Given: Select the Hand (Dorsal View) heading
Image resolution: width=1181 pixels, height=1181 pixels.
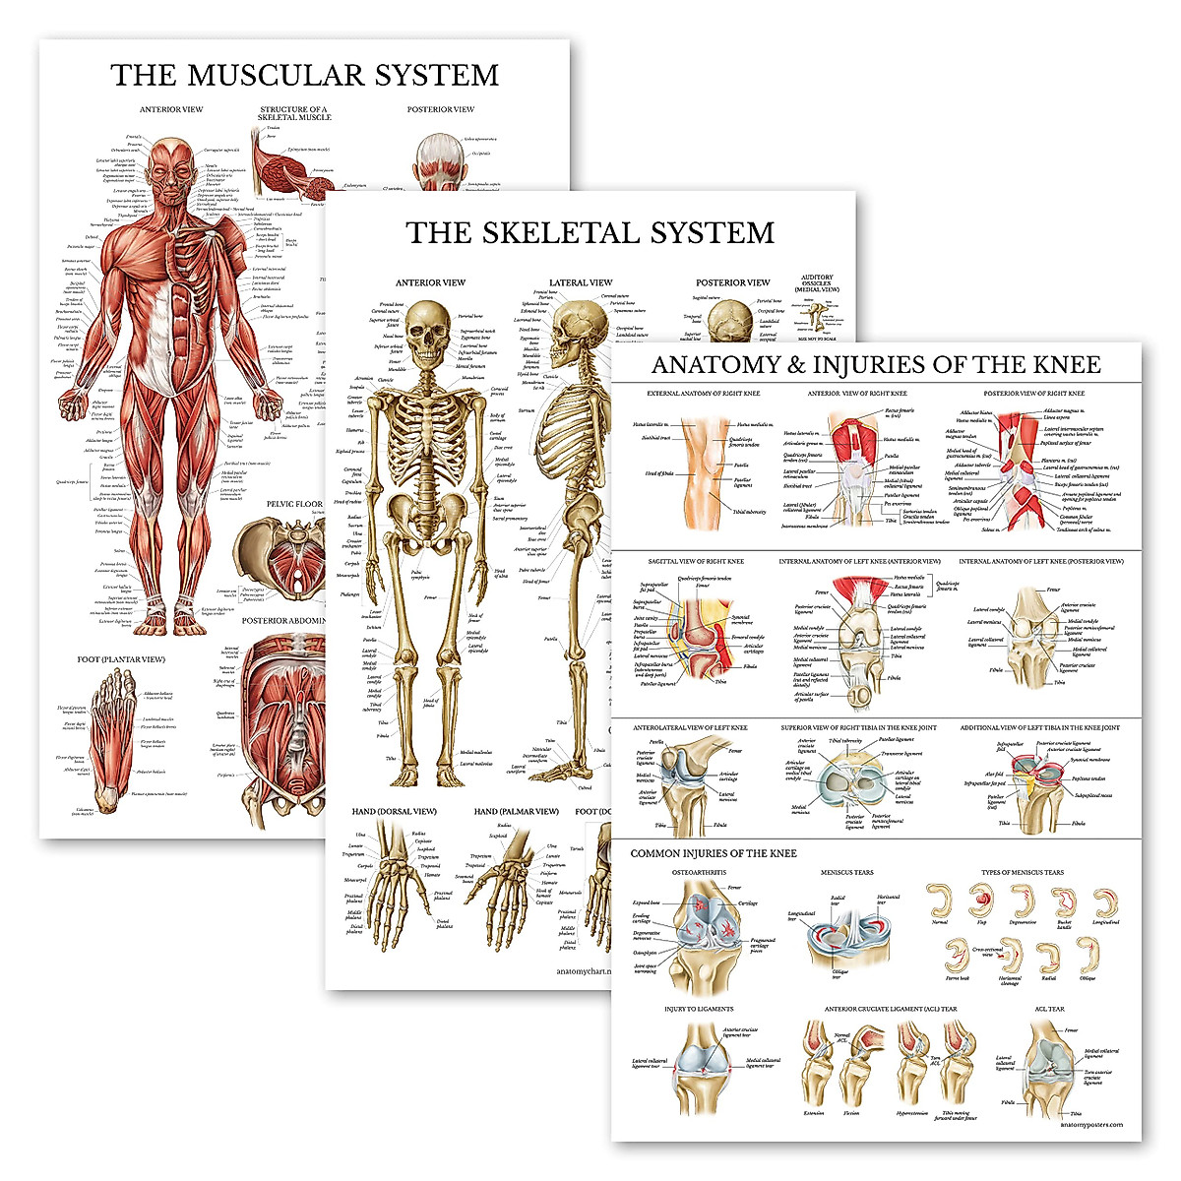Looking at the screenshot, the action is pos(394,812).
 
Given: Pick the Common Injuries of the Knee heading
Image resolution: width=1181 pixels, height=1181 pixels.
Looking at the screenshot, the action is pos(714,853).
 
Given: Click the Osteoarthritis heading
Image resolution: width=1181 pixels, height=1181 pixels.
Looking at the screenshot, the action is pos(699,873).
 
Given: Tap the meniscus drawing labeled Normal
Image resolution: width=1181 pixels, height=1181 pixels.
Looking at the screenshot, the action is pos(940,901).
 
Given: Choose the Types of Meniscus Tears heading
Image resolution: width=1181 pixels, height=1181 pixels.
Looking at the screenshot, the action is pos(1022,873).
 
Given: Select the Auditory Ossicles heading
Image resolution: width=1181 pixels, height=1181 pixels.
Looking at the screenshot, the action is pos(817,283).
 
